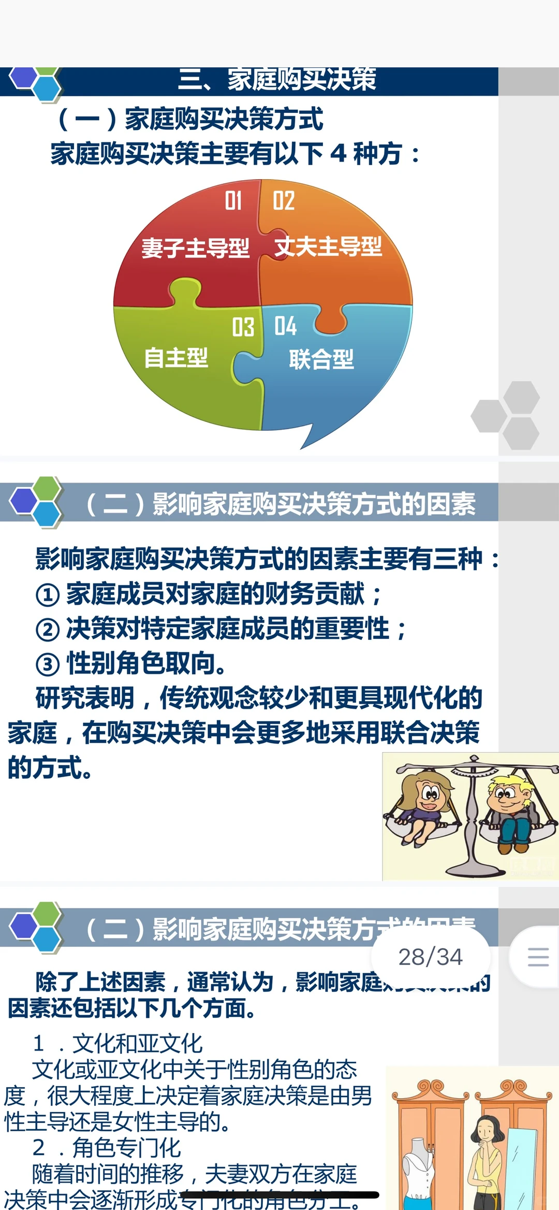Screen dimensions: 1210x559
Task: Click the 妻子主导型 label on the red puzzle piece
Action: pyautogui.click(x=196, y=248)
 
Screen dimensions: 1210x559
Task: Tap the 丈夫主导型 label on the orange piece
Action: pyautogui.click(x=328, y=246)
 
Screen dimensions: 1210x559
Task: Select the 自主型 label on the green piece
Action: pyautogui.click(x=176, y=358)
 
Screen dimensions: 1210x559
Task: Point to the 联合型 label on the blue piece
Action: pyautogui.click(x=321, y=359)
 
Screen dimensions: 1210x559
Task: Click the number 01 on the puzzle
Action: pyautogui.click(x=233, y=201)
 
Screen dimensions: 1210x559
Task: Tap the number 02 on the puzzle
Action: pyautogui.click(x=284, y=201)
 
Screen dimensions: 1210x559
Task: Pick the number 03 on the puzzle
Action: pyautogui.click(x=243, y=327)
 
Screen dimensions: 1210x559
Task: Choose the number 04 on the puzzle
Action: pyautogui.click(x=285, y=326)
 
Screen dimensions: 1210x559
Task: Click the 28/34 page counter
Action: pyautogui.click(x=430, y=957)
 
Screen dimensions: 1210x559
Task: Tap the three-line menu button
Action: pyautogui.click(x=538, y=957)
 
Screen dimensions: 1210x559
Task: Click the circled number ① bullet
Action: pyautogui.click(x=47, y=595)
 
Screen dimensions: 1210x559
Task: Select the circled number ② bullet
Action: pyautogui.click(x=47, y=630)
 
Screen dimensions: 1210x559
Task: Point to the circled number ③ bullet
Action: pyautogui.click(x=47, y=664)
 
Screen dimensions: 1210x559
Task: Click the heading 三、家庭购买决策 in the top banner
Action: pyautogui.click(x=277, y=80)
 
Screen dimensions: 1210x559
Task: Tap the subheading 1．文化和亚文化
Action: pyautogui.click(x=118, y=1043)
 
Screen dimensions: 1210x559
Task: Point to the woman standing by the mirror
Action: pyautogui.click(x=486, y=1160)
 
